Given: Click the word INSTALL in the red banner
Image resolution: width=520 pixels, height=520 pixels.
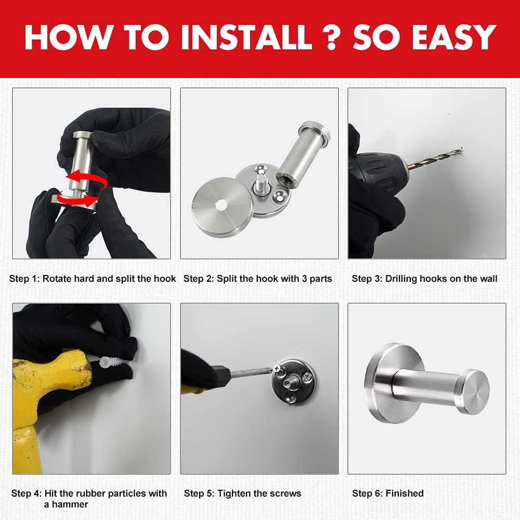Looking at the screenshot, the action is tap(246, 37).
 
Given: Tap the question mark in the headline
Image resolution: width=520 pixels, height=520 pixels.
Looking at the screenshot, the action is tap(331, 37).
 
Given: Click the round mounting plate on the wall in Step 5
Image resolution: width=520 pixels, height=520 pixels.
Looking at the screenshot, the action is tap(293, 382).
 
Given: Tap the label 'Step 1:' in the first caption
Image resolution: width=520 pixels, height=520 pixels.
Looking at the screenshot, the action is tap(24, 279).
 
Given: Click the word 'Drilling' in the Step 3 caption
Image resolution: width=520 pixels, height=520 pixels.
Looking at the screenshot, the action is tap(401, 279).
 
